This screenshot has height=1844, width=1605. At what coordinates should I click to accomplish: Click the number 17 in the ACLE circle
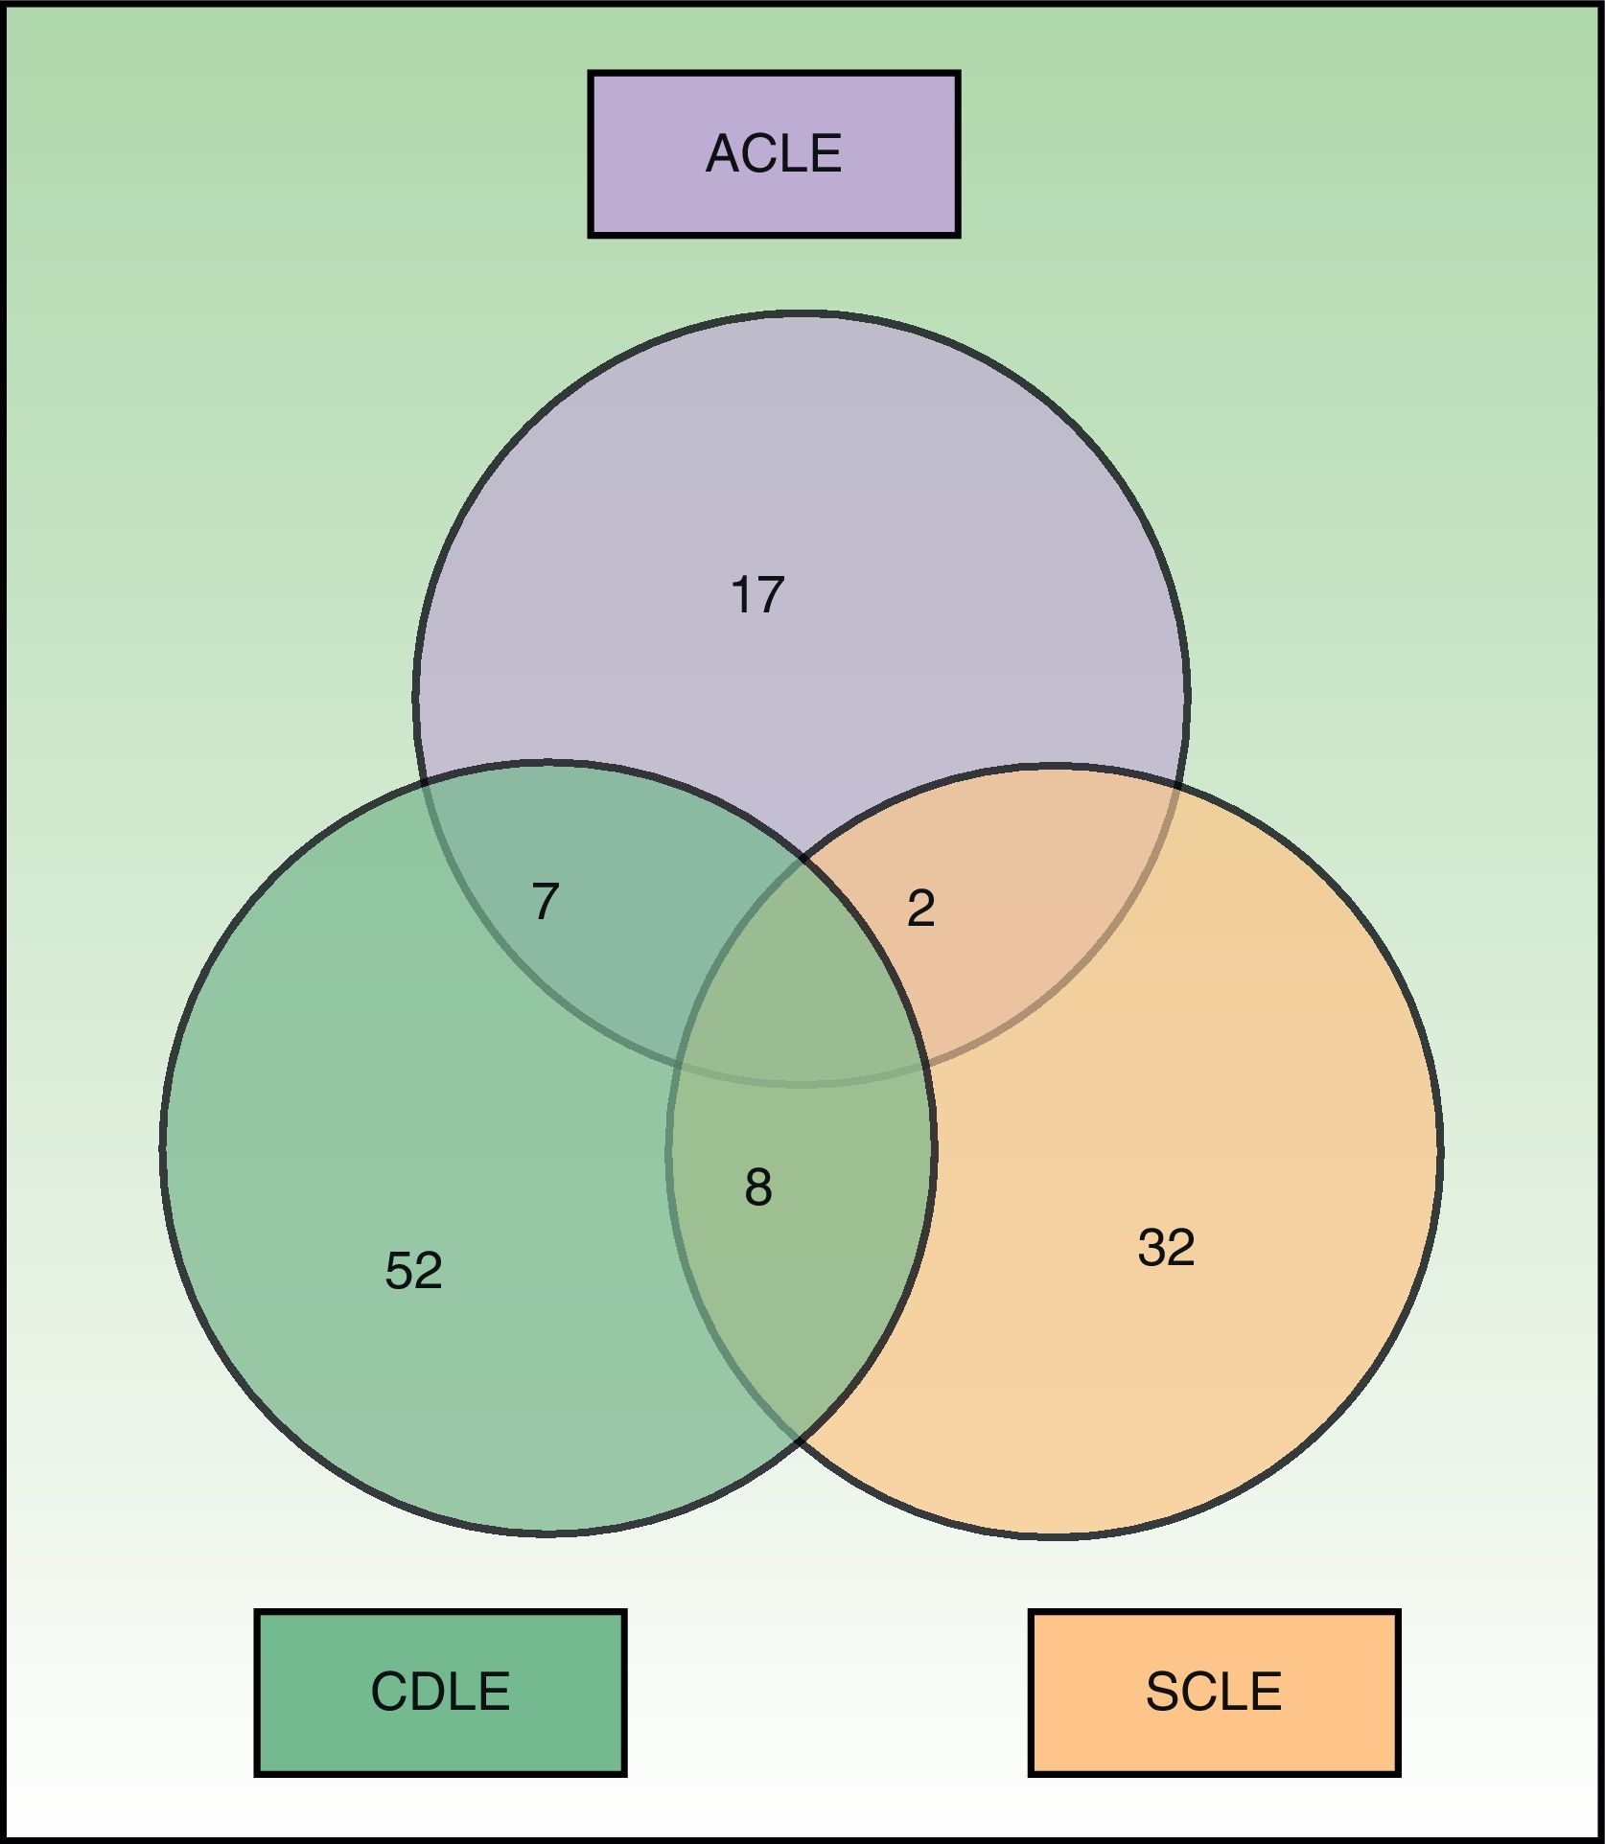coord(757,594)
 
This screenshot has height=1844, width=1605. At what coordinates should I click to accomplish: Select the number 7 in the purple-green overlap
coord(545,901)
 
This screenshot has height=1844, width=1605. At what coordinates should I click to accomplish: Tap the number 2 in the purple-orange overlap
coord(920,908)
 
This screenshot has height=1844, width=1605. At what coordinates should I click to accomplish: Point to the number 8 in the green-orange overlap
coord(757,1187)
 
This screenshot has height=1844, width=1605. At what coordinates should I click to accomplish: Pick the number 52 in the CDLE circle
coord(413,1271)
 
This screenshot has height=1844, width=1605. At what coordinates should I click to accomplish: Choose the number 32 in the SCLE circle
coord(1166,1248)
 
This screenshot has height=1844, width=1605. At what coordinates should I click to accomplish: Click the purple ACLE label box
coord(774,153)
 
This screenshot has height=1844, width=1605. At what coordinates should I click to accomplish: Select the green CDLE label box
coord(440,1692)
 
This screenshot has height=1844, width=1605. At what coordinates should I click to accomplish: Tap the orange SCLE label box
coord(1214,1692)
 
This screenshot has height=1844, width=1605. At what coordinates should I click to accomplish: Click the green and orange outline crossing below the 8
coord(799,1440)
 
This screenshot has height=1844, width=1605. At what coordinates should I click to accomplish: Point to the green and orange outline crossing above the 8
coord(803,858)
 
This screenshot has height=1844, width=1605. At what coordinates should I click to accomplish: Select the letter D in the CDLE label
coord(426,1692)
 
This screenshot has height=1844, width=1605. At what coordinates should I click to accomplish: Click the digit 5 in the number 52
coord(399,1271)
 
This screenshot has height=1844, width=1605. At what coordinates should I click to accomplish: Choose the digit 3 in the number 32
coord(1151,1248)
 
